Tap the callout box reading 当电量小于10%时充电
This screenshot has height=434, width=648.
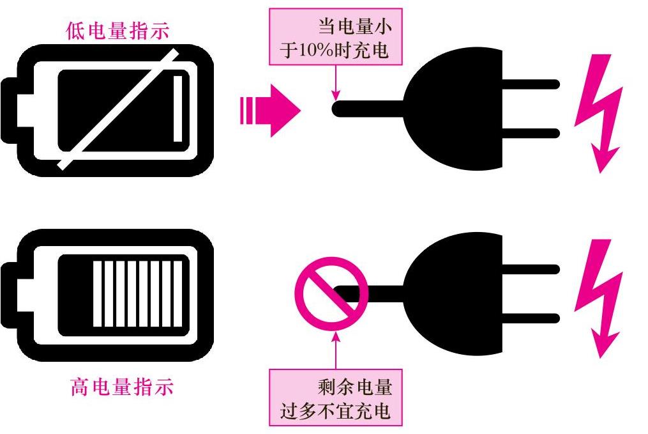click(336, 40)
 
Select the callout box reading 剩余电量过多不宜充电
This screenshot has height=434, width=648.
click(336, 397)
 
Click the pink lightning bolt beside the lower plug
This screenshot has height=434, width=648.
click(598, 298)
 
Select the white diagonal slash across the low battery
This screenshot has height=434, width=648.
click(118, 110)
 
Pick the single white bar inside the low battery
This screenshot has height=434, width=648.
click(178, 109)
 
